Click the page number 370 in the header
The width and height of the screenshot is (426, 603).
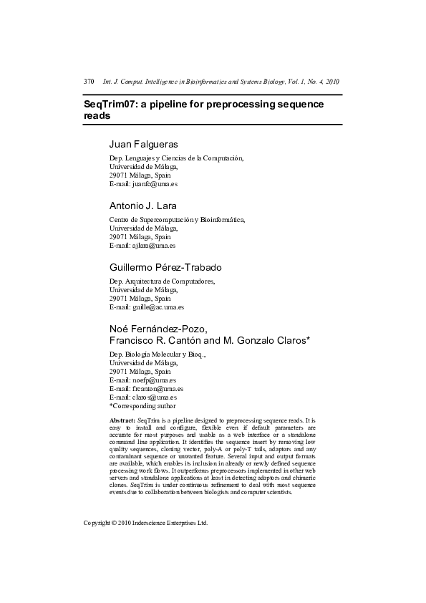pyautogui.click(x=89, y=82)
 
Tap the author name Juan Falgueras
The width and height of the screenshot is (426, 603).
pyautogui.click(x=143, y=144)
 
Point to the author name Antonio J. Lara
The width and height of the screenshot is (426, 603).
pyautogui.click(x=142, y=206)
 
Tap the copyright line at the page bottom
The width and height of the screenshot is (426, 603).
pyautogui.click(x=145, y=523)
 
